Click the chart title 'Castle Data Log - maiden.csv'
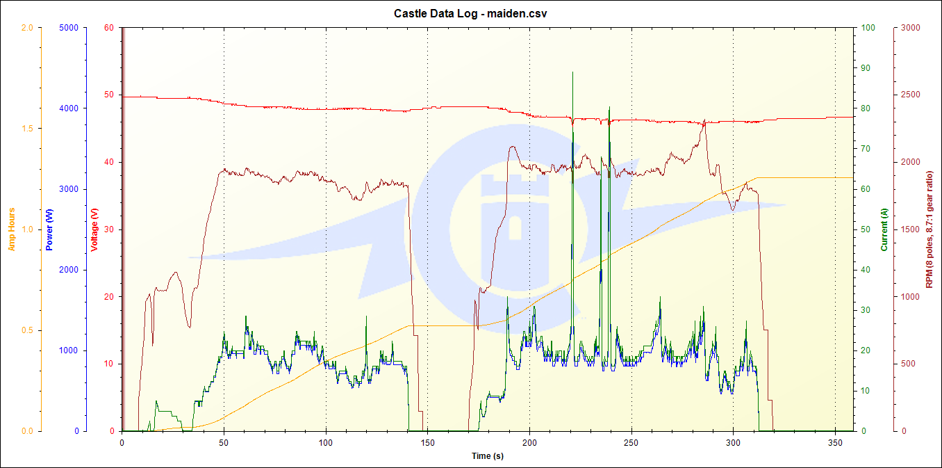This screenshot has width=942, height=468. (470, 13)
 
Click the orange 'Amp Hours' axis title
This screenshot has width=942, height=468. (12, 229)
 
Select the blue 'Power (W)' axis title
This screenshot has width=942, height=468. (49, 229)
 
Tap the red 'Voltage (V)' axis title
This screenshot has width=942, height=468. (94, 229)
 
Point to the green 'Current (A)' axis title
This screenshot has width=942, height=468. (884, 229)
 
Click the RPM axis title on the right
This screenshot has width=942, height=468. (929, 229)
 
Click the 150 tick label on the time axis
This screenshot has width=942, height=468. (427, 442)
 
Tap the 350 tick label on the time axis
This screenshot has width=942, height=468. (835, 442)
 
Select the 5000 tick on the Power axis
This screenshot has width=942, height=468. (69, 28)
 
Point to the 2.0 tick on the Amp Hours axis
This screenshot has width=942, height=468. (28, 28)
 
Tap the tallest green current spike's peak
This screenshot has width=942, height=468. (572, 72)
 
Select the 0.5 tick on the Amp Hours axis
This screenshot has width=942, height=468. (28, 330)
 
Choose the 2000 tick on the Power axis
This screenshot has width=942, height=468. (69, 270)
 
